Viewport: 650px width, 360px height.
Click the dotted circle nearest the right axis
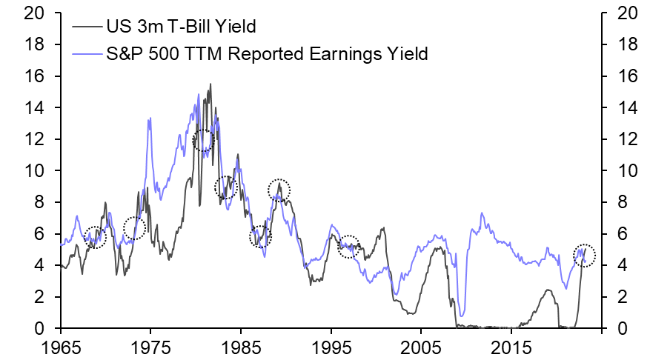pyautogui.click(x=585, y=254)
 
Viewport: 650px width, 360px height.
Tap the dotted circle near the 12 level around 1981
pyautogui.click(x=203, y=140)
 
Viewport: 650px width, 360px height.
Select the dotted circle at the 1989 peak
pyautogui.click(x=279, y=190)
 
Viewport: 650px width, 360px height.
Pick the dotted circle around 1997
pyautogui.click(x=348, y=247)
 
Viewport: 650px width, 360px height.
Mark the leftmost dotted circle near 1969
pyautogui.click(x=96, y=237)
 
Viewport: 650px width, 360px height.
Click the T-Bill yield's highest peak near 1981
pyautogui.click(x=210, y=84)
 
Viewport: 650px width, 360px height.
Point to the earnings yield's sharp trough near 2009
pyautogui.click(x=461, y=316)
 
